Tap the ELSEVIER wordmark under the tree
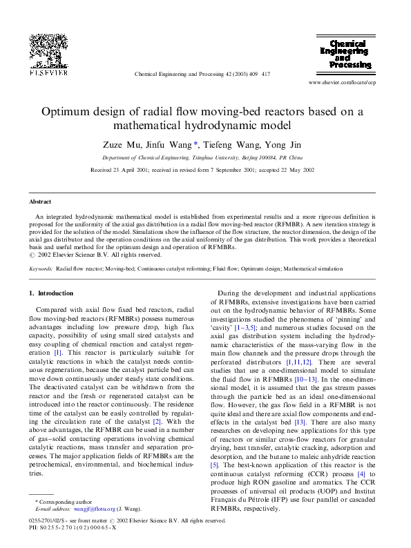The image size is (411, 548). [48, 71]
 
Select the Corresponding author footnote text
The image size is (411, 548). [66, 501]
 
